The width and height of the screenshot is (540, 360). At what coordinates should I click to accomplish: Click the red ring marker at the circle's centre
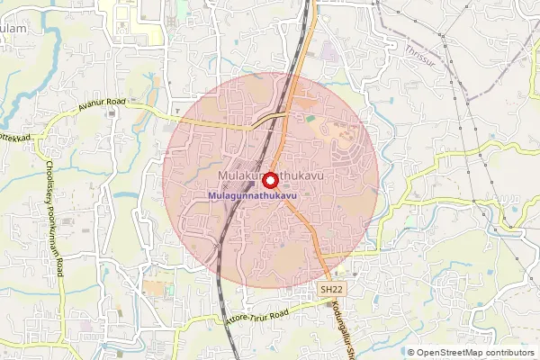[269, 179]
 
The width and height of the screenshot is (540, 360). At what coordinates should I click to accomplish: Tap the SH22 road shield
[331, 289]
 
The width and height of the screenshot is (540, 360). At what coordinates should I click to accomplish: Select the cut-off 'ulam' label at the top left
[13, 29]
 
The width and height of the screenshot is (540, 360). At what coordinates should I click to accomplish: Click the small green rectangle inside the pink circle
[310, 118]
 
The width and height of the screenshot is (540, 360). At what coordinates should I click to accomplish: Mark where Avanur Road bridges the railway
[270, 118]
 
